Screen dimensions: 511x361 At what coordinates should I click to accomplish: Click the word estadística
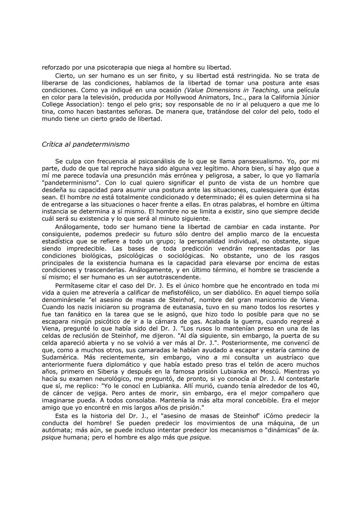[x=58, y=241]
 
